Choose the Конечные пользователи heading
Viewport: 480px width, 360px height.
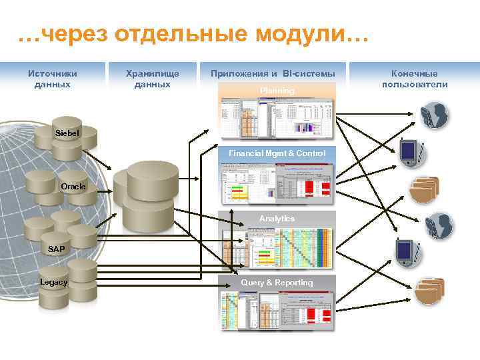[x=415, y=79]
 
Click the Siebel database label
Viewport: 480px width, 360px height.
[x=67, y=133]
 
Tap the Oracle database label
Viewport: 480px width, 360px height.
[x=73, y=187]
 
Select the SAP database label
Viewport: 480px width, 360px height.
[x=57, y=249]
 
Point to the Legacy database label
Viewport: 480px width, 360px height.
[x=53, y=283]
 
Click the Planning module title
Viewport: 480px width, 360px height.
[x=277, y=90]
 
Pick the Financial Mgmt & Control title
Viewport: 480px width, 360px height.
[x=277, y=153]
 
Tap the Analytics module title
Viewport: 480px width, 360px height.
[x=277, y=219]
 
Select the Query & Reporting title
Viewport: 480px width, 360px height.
[x=277, y=283]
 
